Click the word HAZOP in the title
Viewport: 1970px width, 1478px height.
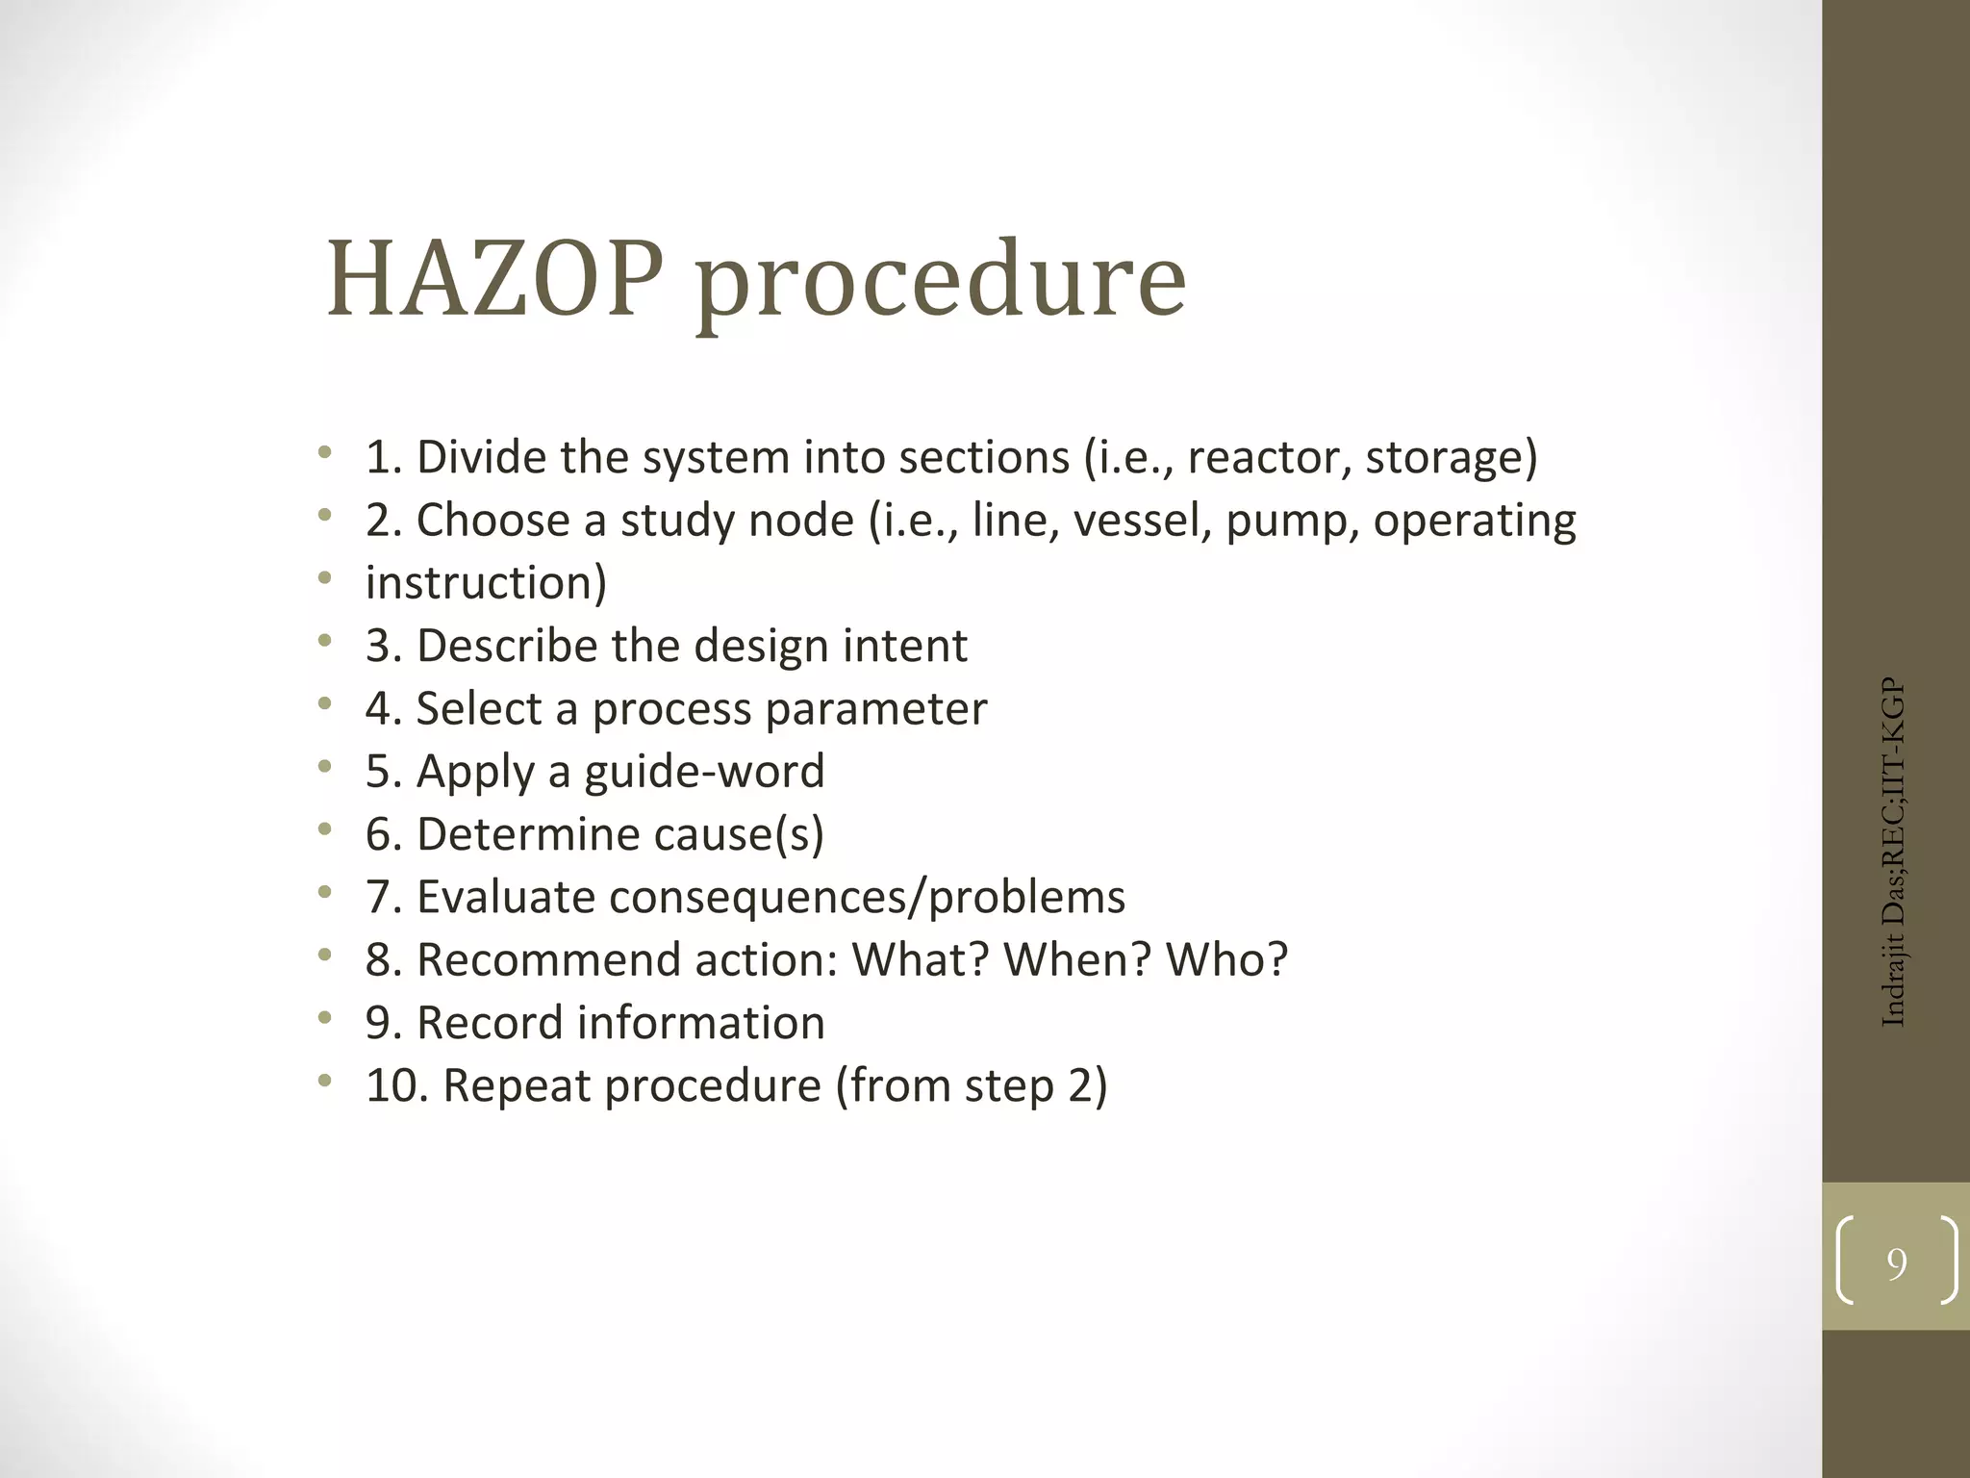coord(494,280)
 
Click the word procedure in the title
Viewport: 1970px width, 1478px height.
coord(941,284)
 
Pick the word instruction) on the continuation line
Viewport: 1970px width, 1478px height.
coord(486,583)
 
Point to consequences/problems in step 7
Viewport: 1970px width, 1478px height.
coord(867,898)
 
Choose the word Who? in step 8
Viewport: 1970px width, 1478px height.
coord(1226,959)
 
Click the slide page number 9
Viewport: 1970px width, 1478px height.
coord(1896,1263)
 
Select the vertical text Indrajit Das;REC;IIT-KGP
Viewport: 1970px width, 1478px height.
coord(1892,853)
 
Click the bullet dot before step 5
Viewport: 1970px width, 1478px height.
coord(325,768)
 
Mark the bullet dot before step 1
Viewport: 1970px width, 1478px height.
coord(325,453)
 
